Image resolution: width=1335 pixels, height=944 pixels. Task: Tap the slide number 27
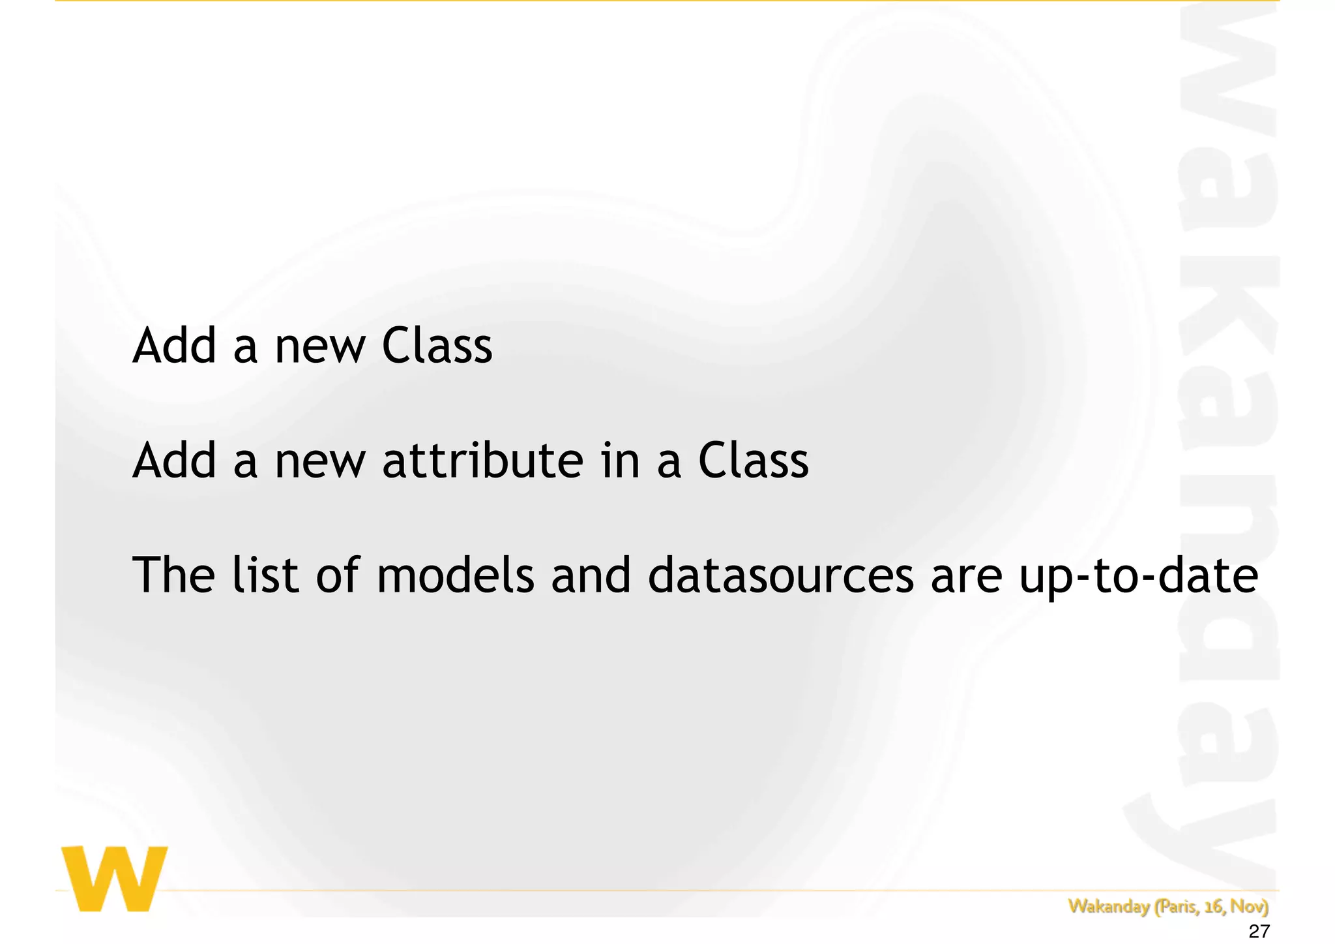coord(1259,932)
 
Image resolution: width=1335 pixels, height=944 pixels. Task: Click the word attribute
coord(482,461)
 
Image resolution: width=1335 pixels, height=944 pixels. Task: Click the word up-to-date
coord(1138,576)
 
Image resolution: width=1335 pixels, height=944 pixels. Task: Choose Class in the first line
coord(437,345)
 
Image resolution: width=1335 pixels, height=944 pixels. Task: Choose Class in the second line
coord(754,461)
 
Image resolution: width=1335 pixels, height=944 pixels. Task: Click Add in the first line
coord(174,345)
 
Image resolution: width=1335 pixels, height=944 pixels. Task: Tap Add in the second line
coord(174,461)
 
